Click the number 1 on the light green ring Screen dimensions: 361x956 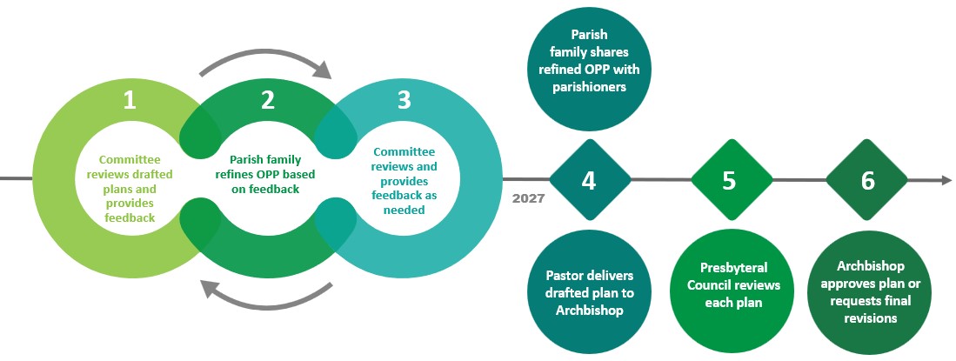130,101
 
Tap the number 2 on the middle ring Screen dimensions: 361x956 267,101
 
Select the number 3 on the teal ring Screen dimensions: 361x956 404,101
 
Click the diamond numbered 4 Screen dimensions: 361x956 589,181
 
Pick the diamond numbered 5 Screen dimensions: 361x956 729,181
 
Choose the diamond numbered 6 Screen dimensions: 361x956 867,181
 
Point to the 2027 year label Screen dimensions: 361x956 528,198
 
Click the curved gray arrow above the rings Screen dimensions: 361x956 265,61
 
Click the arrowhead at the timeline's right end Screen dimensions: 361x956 946,180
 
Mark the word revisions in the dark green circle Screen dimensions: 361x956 867,319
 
